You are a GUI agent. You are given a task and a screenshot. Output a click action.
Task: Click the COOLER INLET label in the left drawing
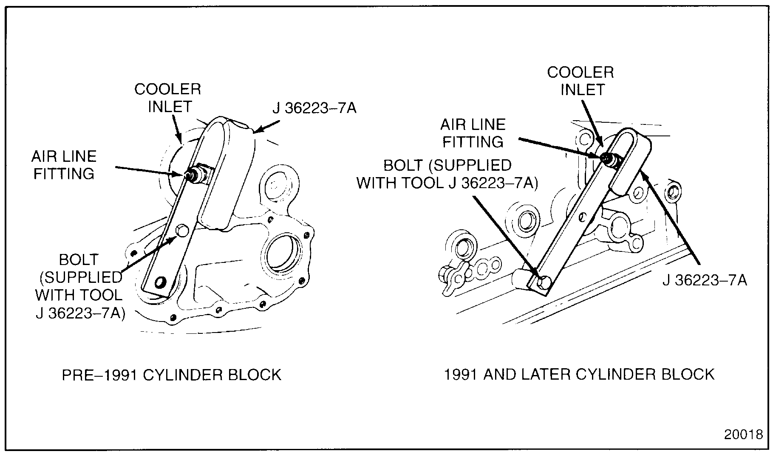click(168, 98)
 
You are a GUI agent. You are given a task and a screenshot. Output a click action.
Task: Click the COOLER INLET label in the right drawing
click(580, 81)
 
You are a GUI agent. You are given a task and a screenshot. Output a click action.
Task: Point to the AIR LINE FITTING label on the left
click(64, 165)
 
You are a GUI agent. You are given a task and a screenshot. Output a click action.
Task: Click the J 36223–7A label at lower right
click(704, 280)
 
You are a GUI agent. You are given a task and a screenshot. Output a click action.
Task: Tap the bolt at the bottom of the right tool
click(544, 282)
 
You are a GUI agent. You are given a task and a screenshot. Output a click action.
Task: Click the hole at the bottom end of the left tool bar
click(161, 282)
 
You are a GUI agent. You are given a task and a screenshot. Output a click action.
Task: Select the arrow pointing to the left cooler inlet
click(178, 128)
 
